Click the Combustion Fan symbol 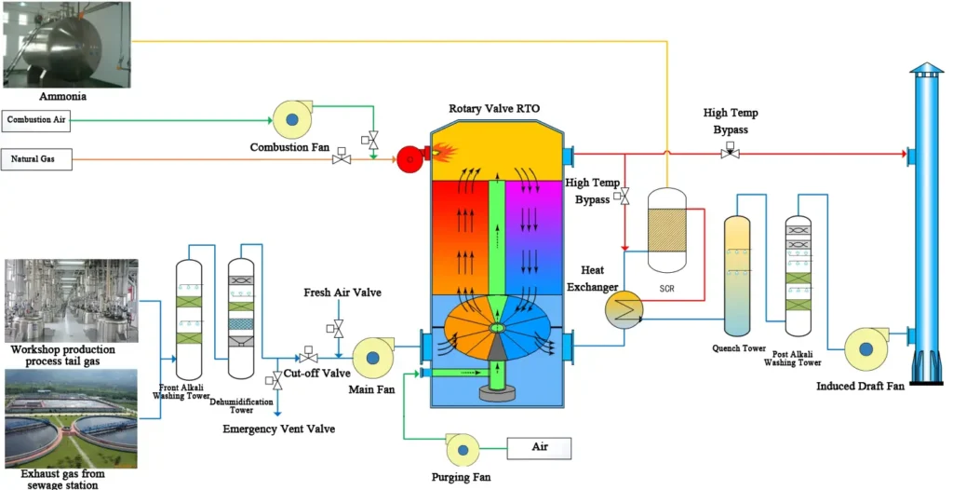291,119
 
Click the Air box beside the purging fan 539,448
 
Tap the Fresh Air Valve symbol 338,328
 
